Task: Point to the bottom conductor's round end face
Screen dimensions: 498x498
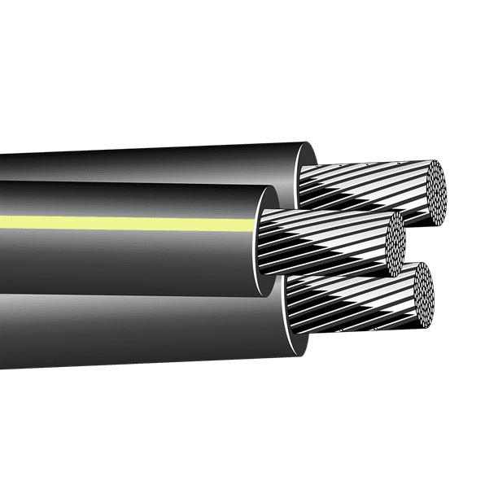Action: point(422,295)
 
